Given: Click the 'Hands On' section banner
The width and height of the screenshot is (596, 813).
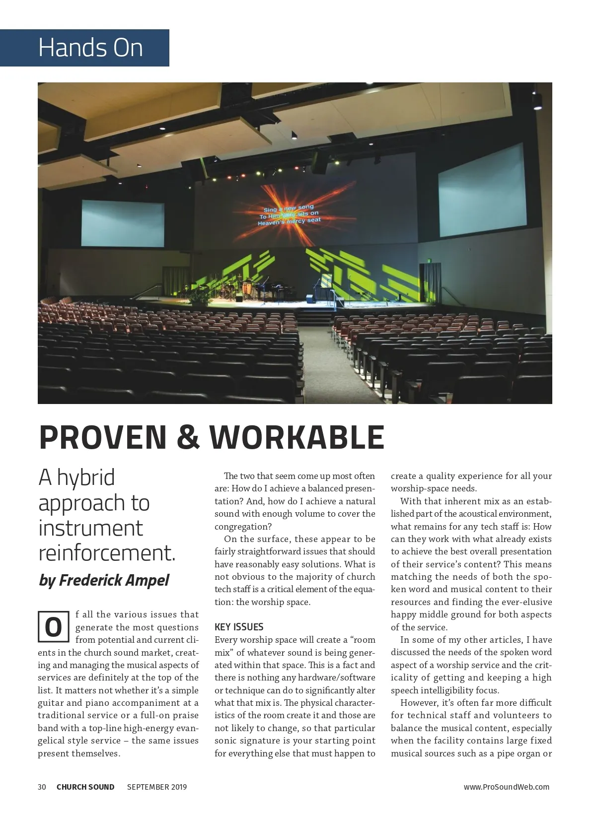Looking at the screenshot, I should [90, 48].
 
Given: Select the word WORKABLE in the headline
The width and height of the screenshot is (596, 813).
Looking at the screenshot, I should [297, 437].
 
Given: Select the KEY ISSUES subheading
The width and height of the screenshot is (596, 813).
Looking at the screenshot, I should [239, 627].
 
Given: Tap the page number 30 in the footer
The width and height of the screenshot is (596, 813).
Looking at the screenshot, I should [42, 787].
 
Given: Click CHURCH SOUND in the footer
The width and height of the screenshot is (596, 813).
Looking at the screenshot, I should [85, 787].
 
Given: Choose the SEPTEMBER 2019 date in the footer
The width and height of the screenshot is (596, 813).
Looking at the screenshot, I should [157, 787].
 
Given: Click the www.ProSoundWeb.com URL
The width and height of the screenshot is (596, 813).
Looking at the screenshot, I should [507, 787].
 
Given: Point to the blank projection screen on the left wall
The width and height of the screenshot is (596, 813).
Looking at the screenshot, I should [123, 223].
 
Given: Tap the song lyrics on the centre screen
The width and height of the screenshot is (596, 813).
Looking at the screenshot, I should [290, 215].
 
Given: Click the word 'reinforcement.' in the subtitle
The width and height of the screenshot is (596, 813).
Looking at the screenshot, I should [107, 553].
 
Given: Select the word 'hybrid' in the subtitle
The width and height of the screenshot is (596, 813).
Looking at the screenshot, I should [85, 477].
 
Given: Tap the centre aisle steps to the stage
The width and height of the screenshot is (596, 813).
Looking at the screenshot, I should [314, 317].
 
